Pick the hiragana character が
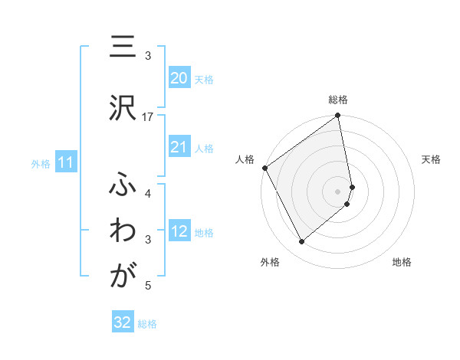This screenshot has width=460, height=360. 119,277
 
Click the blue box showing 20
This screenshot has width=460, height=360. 179,78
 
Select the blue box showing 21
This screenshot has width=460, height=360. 179,147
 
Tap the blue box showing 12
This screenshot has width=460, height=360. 179,231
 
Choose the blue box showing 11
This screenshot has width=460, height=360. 66,162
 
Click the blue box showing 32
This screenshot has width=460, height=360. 123,322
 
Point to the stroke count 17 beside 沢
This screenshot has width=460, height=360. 148,116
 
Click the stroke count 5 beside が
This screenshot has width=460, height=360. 148,286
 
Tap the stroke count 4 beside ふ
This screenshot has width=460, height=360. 148,193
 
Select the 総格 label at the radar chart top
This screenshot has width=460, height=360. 338,100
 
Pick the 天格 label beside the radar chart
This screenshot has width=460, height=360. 431,159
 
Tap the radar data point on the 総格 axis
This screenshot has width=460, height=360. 338,116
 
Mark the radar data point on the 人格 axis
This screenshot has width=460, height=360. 265,168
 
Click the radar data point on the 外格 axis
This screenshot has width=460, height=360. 302,241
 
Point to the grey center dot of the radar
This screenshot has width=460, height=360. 338,191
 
